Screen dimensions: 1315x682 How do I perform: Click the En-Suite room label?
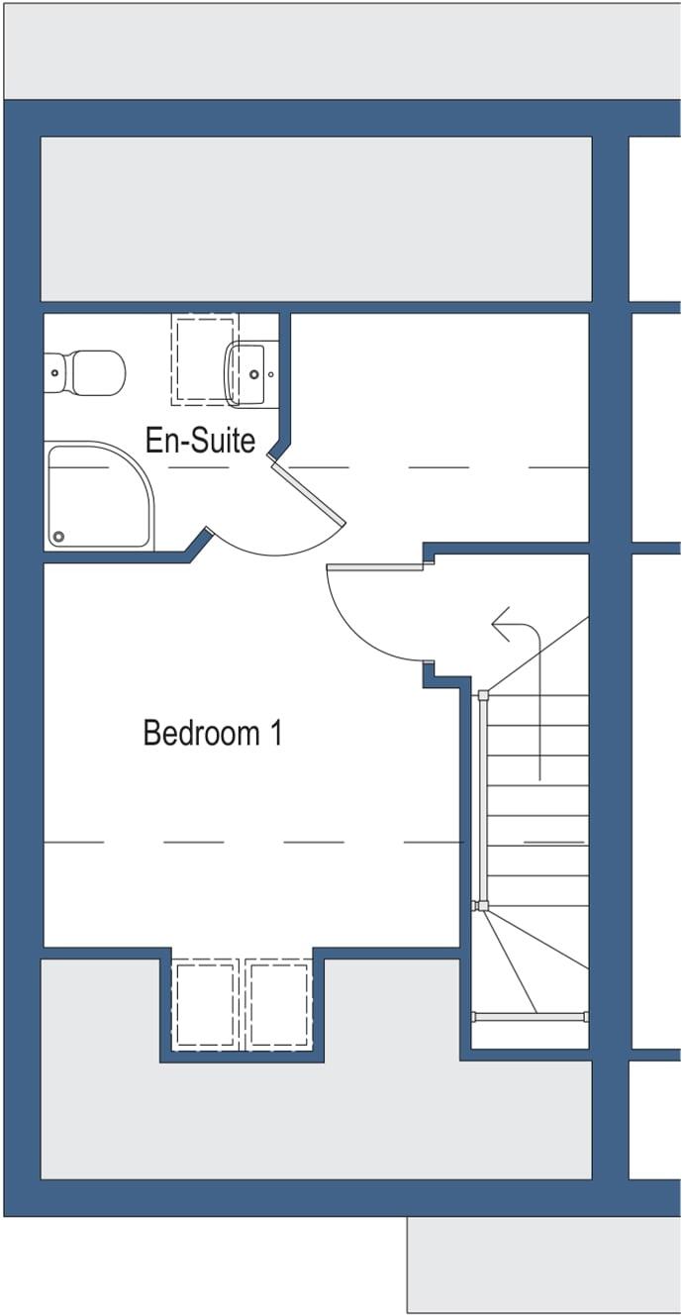200,440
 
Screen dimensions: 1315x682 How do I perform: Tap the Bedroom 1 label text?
213,734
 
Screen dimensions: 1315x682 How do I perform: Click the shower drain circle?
59,537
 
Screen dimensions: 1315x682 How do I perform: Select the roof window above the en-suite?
205,358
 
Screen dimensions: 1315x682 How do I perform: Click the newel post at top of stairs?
483,696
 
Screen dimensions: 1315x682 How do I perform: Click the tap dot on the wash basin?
254,375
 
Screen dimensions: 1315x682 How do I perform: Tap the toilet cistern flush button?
55,372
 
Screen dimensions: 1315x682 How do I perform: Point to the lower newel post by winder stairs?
482,906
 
